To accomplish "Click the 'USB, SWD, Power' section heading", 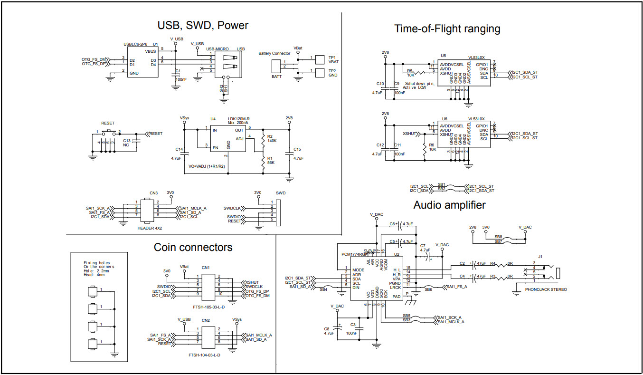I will pyautogui.click(x=203, y=25).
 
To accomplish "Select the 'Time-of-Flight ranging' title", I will pyautogui.click(x=447, y=29).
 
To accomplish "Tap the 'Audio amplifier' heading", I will pyautogui.click(x=449, y=205).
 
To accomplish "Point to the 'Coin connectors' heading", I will pyautogui.click(x=193, y=247).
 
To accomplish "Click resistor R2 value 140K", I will pyautogui.click(x=272, y=141).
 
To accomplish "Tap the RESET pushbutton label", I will pyautogui.click(x=108, y=123).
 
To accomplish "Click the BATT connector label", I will pyautogui.click(x=276, y=77).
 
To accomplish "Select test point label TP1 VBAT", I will pyautogui.click(x=333, y=59).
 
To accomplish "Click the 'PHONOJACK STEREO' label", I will pyautogui.click(x=546, y=289).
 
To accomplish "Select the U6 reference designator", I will pyautogui.click(x=444, y=119).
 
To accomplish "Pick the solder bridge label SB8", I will pyautogui.click(x=498, y=236).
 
